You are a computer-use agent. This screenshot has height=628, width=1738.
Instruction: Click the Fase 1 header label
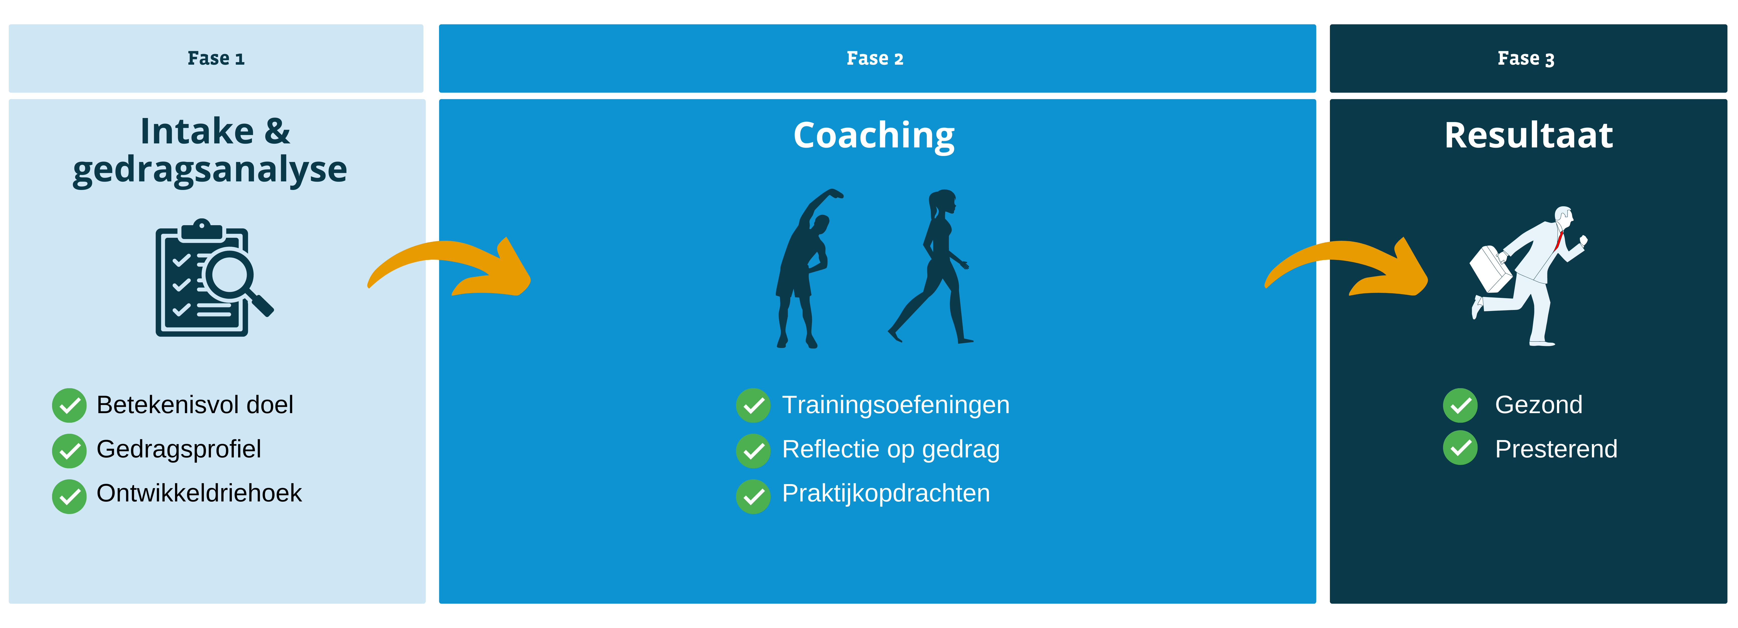coord(216,59)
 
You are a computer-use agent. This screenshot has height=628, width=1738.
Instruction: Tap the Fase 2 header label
coord(875,59)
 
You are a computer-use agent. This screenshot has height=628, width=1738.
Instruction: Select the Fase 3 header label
coord(1526,59)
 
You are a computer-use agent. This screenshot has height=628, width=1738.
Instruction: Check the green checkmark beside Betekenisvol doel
coord(69,405)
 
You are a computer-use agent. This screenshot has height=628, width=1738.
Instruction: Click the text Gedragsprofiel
coord(179,449)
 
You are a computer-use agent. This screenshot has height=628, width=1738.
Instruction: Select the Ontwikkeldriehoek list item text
coord(199,493)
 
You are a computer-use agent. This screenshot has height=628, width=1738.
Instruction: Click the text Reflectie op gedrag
coord(891,449)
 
